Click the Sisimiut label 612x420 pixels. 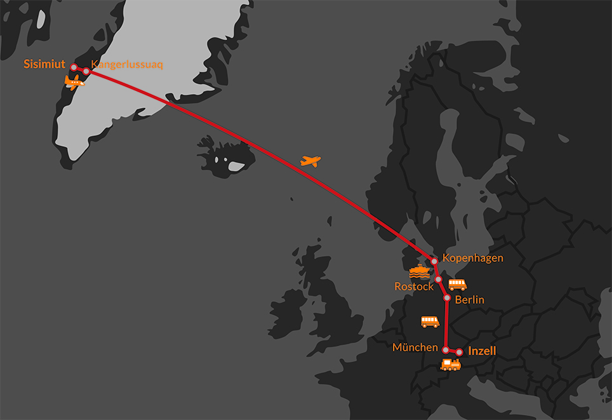point(44,64)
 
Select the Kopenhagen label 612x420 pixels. point(473,258)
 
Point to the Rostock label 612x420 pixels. point(414,287)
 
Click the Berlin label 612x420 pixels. point(470,299)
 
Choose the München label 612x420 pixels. point(415,348)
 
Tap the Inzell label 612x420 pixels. point(482,351)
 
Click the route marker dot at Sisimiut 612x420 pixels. point(74,67)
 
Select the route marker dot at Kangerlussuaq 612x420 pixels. point(86,71)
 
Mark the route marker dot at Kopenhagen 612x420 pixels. point(434,261)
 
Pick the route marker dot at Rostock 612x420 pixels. point(438,279)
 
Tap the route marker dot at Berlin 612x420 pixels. point(447,298)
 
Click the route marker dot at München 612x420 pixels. point(446,350)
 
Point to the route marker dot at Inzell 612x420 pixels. point(459,351)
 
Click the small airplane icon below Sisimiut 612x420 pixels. point(74,82)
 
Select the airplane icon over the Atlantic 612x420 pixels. point(310,161)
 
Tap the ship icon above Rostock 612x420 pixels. point(420,271)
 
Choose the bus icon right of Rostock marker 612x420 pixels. point(458,285)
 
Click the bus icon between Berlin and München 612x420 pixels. point(430,322)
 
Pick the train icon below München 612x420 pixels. point(451,365)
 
